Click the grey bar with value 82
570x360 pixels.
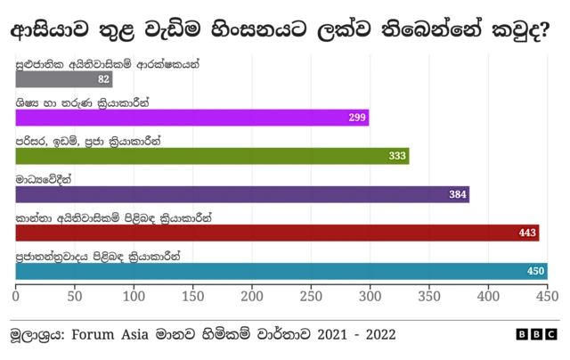pos(63,79)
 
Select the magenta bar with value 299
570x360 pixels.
pos(191,118)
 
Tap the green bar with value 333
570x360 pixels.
pos(212,156)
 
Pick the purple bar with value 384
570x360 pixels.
pos(242,194)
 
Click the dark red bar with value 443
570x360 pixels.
pos(277,233)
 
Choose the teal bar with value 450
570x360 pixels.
pos(281,271)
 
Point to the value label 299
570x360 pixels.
pos(357,118)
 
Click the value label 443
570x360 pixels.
pos(527,233)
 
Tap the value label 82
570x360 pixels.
pos(103,79)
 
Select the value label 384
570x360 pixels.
pos(458,194)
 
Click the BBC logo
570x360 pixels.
pos(536,334)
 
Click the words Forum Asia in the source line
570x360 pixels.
pos(142,335)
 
